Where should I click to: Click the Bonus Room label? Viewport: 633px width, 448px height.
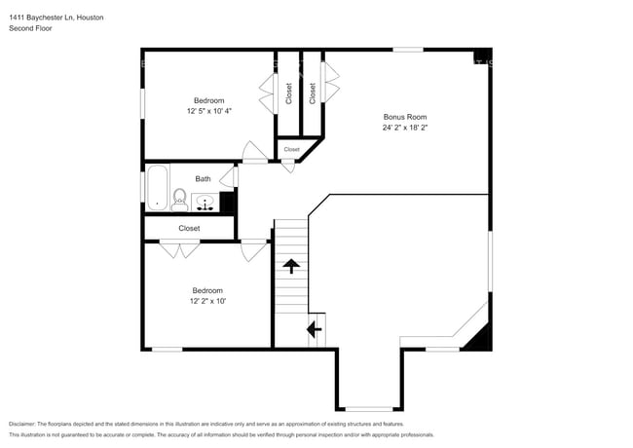tap(405, 117)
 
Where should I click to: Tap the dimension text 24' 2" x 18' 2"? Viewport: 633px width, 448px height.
tap(405, 128)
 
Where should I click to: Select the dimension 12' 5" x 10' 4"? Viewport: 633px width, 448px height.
tap(209, 111)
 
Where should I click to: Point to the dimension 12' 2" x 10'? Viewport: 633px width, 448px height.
tap(207, 301)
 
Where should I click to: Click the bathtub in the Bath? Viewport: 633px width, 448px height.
tap(157, 188)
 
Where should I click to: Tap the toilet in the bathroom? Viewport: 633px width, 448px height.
tap(179, 201)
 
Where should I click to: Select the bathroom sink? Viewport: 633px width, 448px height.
tap(205, 203)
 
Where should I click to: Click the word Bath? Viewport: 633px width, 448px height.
tap(204, 179)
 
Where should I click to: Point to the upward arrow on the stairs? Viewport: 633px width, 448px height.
tap(291, 267)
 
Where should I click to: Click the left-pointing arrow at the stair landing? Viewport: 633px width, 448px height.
tap(315, 329)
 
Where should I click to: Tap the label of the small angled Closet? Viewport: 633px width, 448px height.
tap(291, 149)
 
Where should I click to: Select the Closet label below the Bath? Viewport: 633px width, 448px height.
tap(189, 229)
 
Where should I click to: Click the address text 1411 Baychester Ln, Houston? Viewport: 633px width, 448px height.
tap(56, 18)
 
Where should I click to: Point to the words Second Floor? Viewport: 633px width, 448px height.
tap(30, 28)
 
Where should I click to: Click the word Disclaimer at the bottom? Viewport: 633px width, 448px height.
tap(22, 425)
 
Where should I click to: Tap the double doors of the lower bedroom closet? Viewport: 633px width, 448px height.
tap(179, 249)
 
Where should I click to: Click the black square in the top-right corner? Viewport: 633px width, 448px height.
tap(483, 56)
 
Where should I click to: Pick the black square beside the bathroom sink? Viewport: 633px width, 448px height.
tap(227, 202)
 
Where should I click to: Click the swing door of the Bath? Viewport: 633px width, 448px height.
tap(228, 177)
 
